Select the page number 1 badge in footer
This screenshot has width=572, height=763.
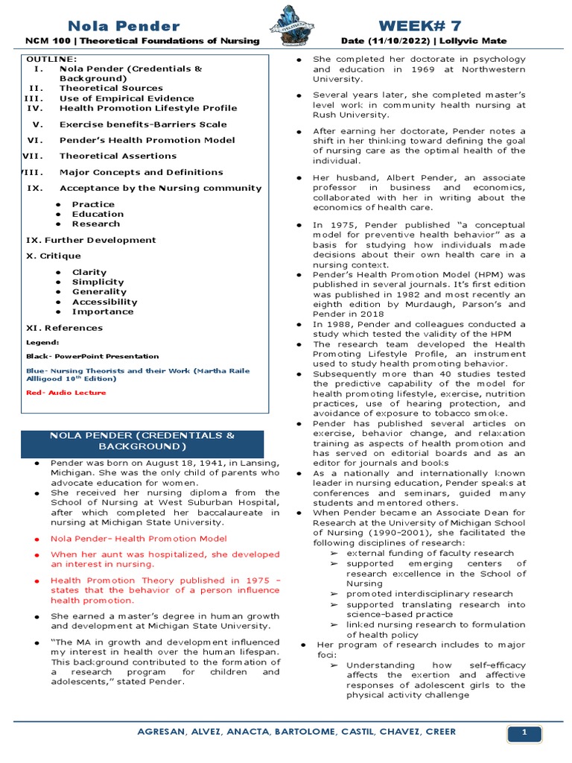[524, 734]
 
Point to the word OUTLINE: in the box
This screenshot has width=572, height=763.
[51, 59]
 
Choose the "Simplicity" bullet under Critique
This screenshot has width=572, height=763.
[98, 282]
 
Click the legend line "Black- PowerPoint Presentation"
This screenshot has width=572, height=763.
[92, 356]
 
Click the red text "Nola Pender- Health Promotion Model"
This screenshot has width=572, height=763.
[139, 538]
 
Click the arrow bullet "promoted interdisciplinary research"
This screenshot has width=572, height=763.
[429, 594]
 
